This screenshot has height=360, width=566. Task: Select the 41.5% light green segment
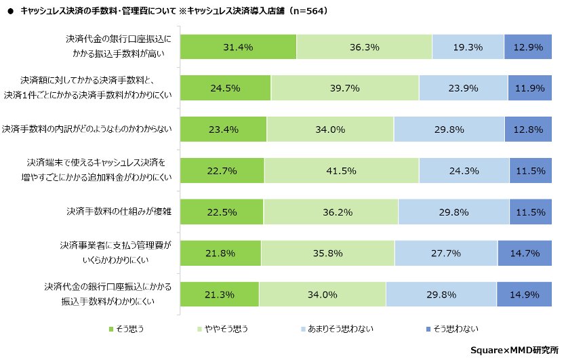click(x=341, y=171)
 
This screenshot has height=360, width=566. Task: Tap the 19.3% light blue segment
click(x=468, y=47)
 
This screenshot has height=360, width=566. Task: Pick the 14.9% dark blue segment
click(x=527, y=294)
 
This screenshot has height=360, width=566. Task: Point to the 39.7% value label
click(x=344, y=88)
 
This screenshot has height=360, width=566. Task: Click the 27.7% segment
click(x=445, y=254)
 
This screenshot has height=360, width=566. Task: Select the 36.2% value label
click(x=330, y=212)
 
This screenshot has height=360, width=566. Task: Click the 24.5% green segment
click(x=226, y=88)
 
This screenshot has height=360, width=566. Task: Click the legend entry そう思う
click(x=126, y=329)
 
